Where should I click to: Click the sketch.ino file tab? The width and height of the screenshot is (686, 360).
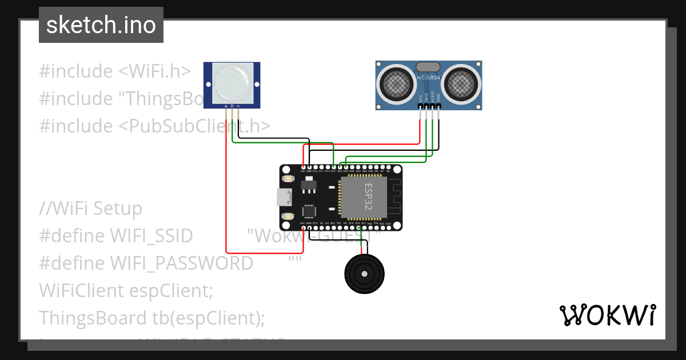pyautogui.click(x=101, y=25)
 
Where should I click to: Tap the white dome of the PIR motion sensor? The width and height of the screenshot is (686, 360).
pyautogui.click(x=232, y=83)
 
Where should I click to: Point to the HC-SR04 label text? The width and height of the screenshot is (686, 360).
pyautogui.click(x=428, y=78)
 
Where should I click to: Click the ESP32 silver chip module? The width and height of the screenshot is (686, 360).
pyautogui.click(x=364, y=198)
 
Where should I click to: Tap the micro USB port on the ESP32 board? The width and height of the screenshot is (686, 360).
pyautogui.click(x=283, y=198)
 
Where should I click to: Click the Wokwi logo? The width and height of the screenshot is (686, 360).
pyautogui.click(x=607, y=315)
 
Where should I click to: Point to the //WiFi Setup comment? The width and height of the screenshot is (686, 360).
pyautogui.click(x=90, y=209)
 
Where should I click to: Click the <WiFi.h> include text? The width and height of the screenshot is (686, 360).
pyautogui.click(x=154, y=71)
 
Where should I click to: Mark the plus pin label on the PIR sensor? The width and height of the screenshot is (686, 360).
pyautogui.click(x=226, y=106)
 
